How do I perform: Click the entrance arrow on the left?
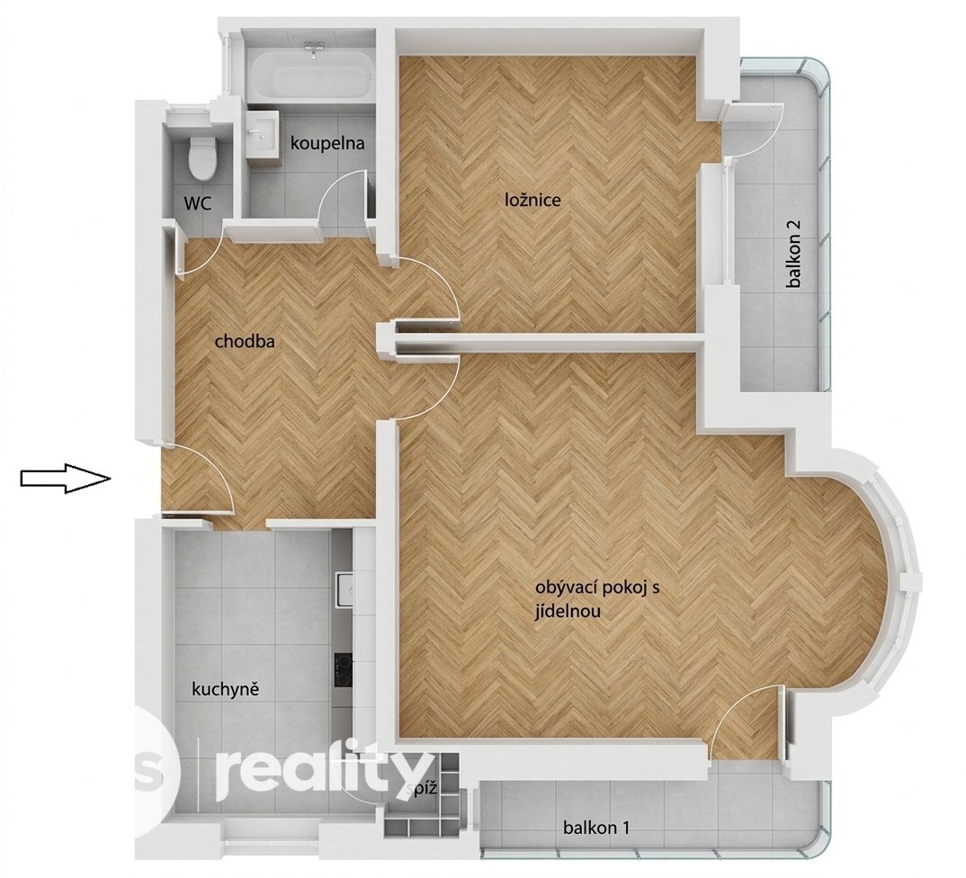pyautogui.click(x=66, y=478)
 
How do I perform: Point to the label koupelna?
pyautogui.click(x=327, y=144)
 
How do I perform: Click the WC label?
pyautogui.click(x=198, y=202)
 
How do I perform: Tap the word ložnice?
pyautogui.click(x=532, y=200)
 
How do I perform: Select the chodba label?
pyautogui.click(x=245, y=341)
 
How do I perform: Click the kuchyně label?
pyautogui.click(x=226, y=689)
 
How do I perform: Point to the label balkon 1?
pyautogui.click(x=596, y=828)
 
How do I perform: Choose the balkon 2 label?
pyautogui.click(x=795, y=254)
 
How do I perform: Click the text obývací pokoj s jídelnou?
pyautogui.click(x=597, y=599)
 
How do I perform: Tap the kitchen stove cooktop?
pyautogui.click(x=344, y=669)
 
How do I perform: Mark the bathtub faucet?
pyautogui.click(x=315, y=49)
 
